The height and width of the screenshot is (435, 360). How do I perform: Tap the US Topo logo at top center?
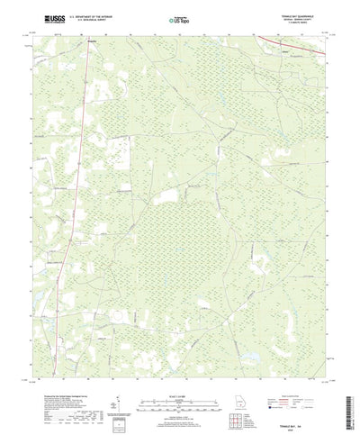(x=180, y=18)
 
